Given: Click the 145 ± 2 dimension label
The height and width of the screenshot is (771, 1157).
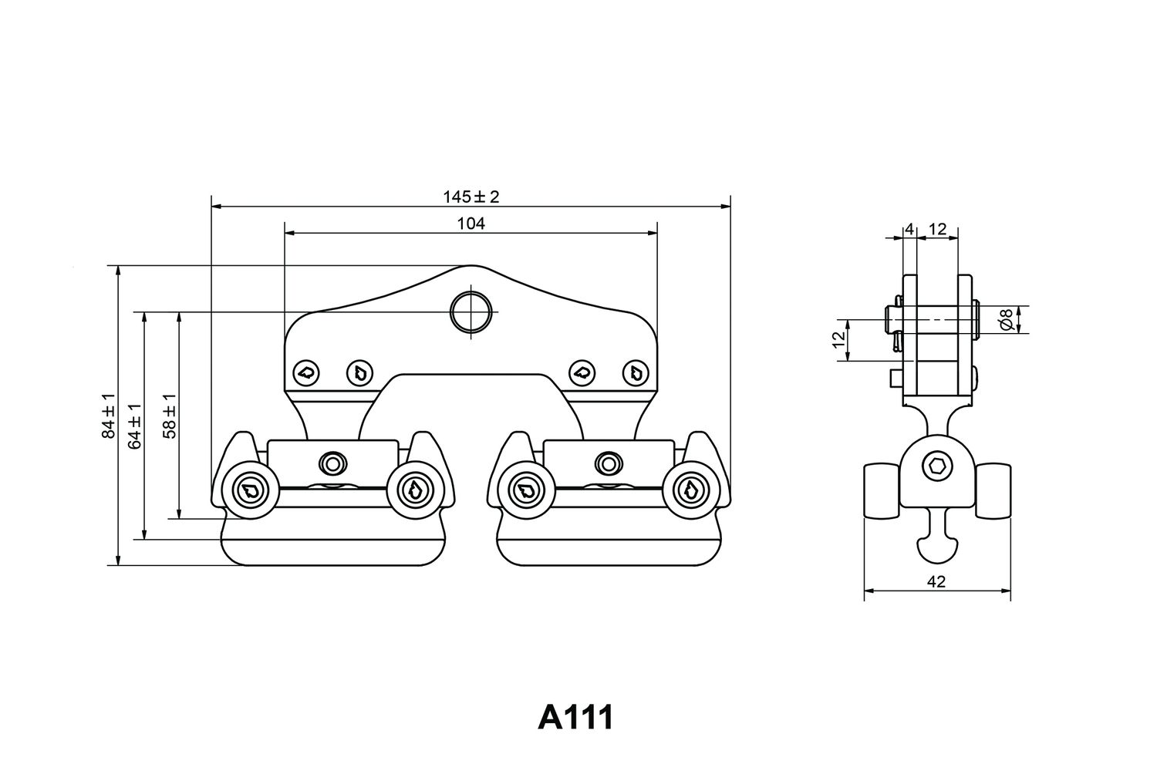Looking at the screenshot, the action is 471,197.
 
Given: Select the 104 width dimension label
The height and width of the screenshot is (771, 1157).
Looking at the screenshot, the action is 471,224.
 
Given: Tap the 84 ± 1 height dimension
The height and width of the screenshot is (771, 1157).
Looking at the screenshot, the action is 109,416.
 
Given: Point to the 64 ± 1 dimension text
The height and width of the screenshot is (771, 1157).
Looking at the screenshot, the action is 135,426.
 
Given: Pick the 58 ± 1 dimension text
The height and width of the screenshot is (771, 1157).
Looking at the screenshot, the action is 170,416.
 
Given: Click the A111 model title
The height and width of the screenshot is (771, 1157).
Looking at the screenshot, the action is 575,717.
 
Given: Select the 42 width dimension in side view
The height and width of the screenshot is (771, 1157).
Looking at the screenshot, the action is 936,582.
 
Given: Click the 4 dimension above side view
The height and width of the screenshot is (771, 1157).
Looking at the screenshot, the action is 909,229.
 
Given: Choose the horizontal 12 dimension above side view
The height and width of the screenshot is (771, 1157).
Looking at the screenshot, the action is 937,229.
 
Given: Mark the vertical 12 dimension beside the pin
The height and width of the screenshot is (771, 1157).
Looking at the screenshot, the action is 839,338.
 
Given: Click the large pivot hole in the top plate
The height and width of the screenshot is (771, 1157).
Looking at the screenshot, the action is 471,312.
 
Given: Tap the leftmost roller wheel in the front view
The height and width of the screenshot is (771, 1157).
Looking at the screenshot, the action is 251,490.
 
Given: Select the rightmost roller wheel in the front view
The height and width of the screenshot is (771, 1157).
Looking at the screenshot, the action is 692,490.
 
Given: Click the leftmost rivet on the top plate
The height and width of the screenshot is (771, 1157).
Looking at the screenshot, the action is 306,372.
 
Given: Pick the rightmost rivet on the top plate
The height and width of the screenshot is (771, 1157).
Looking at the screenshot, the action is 636,372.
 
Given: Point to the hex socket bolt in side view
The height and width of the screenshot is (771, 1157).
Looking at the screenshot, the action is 937,468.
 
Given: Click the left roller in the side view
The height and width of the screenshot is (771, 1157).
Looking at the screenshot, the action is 882,490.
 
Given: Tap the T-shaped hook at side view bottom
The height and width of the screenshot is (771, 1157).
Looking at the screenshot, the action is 937,538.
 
